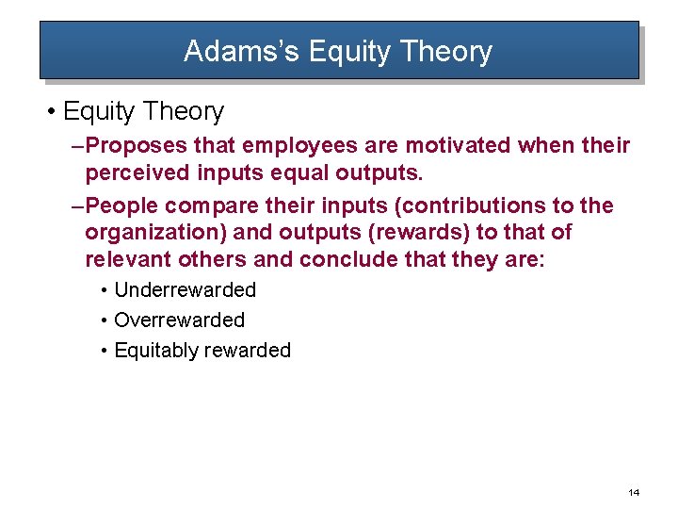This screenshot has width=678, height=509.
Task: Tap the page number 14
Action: pyautogui.click(x=633, y=492)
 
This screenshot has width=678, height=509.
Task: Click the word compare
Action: pyautogui.click(x=209, y=205)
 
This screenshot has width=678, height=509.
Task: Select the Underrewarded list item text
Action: pyautogui.click(x=185, y=290)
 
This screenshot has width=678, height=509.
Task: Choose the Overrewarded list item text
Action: pyautogui.click(x=179, y=320)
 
